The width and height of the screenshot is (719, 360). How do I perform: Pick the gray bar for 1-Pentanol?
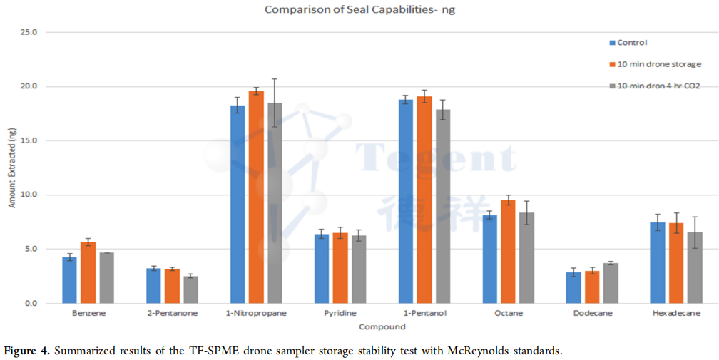442,206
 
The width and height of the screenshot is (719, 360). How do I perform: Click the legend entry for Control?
632,43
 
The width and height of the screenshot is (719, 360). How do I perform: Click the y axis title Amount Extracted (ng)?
11,168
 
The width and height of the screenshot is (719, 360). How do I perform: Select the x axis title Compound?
382,327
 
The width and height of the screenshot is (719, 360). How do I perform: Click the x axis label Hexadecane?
675,314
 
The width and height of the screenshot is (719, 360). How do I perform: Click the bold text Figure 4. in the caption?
27,350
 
